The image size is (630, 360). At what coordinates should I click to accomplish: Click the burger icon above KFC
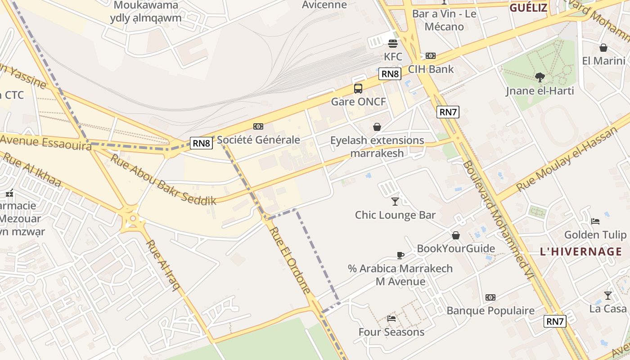coord(393,44)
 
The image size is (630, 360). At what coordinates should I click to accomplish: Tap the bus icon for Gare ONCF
coord(358,88)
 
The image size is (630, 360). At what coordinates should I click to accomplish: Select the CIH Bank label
coord(431,69)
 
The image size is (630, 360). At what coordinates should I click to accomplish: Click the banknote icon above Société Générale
coord(258,126)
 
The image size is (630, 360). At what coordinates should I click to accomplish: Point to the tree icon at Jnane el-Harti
coord(540,77)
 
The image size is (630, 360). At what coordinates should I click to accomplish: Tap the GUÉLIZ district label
coord(528,8)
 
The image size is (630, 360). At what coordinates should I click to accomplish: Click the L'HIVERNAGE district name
coord(581,252)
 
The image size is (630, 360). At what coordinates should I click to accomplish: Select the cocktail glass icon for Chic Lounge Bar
coord(395,201)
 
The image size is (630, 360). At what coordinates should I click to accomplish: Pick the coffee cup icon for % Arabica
coord(400,255)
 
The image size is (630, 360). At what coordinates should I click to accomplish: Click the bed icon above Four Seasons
coord(391,319)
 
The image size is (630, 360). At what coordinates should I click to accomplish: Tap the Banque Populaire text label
coord(490,310)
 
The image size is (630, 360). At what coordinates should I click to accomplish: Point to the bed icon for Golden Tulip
coord(595,221)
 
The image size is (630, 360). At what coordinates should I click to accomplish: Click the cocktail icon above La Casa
coord(608,295)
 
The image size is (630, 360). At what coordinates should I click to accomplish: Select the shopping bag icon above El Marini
coord(603,48)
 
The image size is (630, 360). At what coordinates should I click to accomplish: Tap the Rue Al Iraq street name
coord(162,265)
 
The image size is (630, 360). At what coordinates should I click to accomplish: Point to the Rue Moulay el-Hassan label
coord(566,159)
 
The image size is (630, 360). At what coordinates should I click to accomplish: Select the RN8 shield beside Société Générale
coord(201,144)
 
